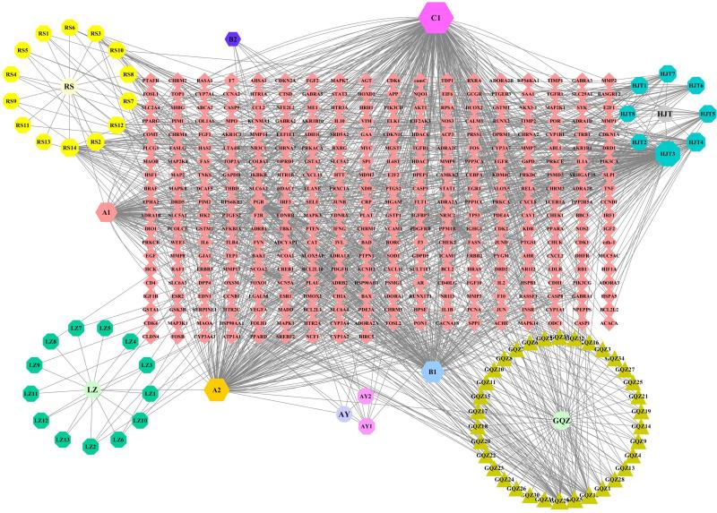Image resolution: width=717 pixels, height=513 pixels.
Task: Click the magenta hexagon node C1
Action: (x=437, y=17)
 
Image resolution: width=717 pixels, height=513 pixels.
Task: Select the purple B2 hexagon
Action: (x=233, y=39)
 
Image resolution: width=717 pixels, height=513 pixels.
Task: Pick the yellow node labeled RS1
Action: (x=44, y=33)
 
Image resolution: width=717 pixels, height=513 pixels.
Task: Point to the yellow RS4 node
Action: (x=13, y=74)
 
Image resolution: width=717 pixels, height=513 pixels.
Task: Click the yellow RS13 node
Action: (x=43, y=142)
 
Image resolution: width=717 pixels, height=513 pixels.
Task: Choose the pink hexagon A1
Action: (x=106, y=212)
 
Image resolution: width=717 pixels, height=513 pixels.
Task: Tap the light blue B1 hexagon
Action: (x=432, y=371)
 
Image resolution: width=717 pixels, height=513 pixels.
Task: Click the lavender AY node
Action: (x=344, y=415)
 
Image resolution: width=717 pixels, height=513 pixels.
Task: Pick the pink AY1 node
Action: (x=366, y=427)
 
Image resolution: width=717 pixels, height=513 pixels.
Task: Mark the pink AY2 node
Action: (x=365, y=395)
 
